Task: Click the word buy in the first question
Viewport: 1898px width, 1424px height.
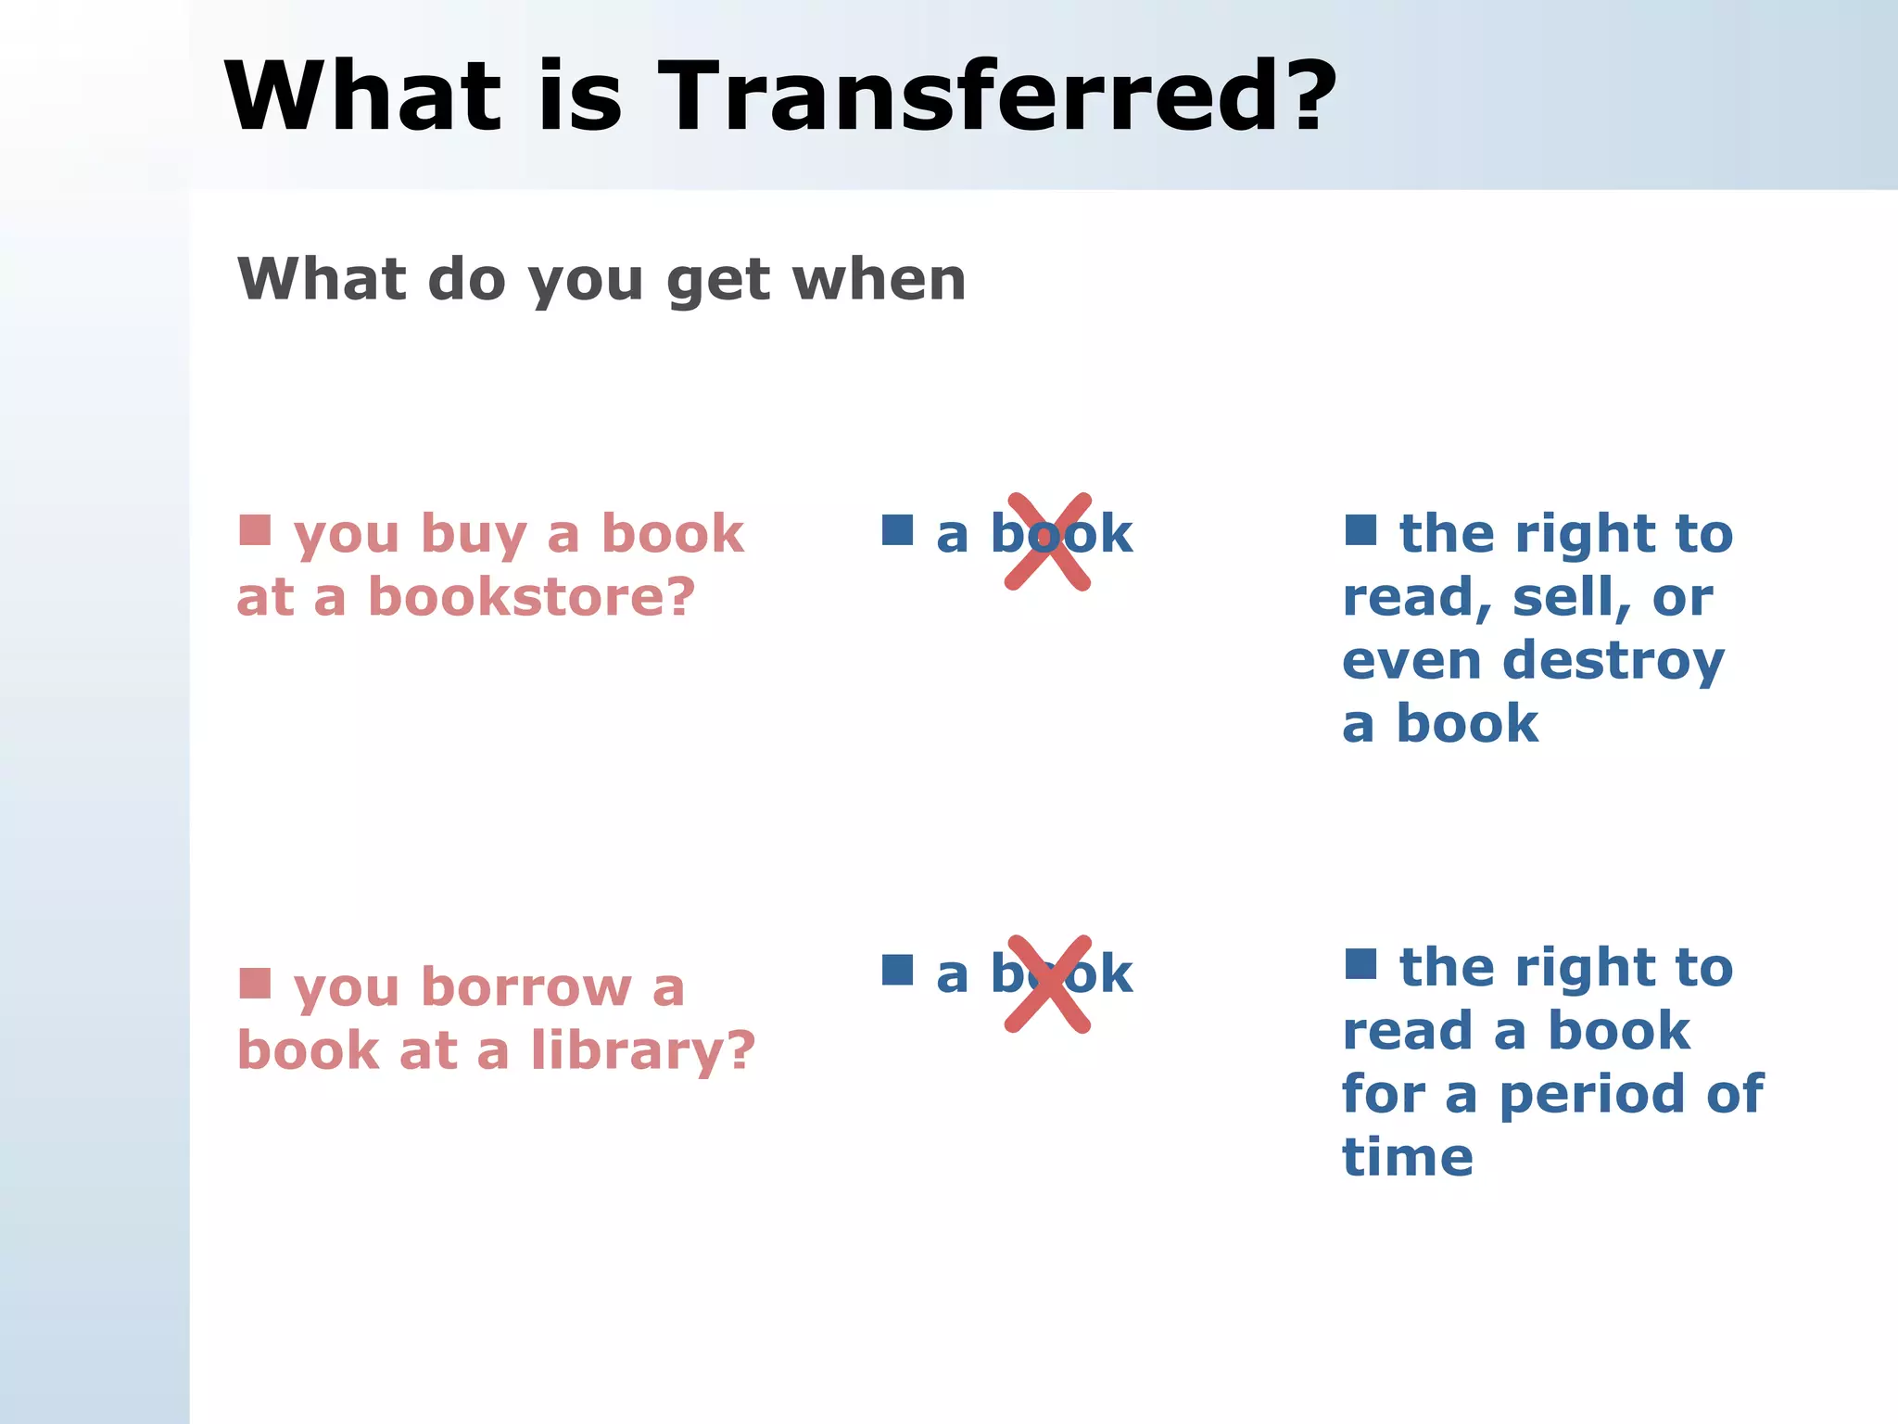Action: pyautogui.click(x=474, y=536)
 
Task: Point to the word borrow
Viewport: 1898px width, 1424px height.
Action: pyautogui.click(x=526, y=987)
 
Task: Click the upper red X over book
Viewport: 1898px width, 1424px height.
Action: pyautogui.click(x=1048, y=541)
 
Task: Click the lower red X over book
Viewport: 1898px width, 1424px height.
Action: pyautogui.click(x=1048, y=984)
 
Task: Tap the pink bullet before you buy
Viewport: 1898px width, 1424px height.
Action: pyautogui.click(x=255, y=530)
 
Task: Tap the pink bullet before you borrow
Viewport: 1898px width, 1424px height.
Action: pyautogui.click(x=255, y=984)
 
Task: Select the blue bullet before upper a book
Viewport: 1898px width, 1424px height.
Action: pyautogui.click(x=897, y=530)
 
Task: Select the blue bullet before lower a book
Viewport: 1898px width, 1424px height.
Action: pyautogui.click(x=897, y=971)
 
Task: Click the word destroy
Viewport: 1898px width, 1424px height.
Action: pyautogui.click(x=1613, y=662)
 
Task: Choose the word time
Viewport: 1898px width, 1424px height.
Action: pyautogui.click(x=1407, y=1158)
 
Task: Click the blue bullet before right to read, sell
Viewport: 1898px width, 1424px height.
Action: pyautogui.click(x=1360, y=530)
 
